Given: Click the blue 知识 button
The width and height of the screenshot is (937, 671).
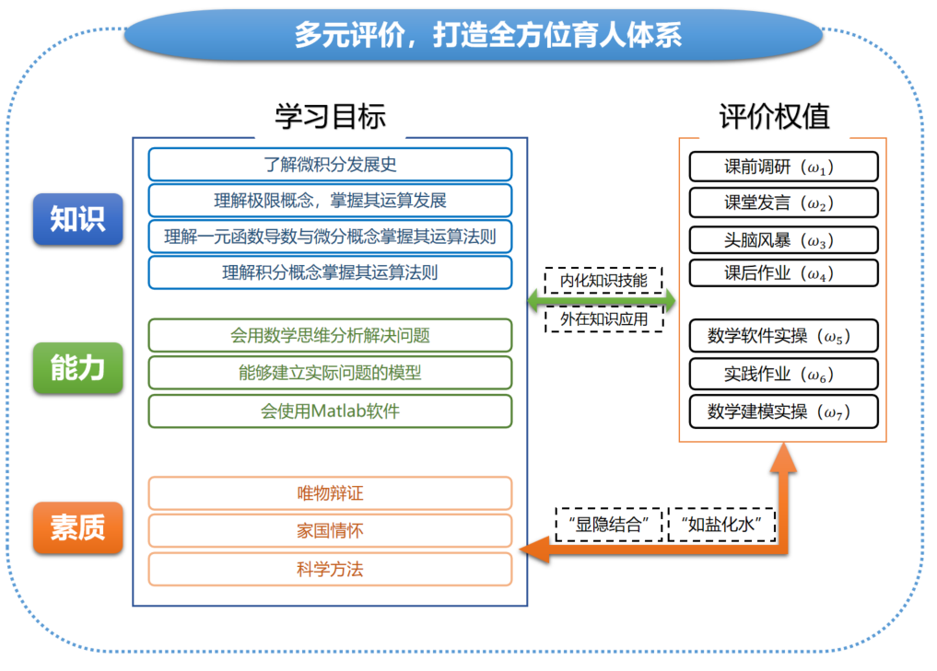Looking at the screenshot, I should pyautogui.click(x=77, y=219).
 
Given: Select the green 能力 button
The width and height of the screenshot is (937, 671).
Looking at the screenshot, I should pyautogui.click(x=77, y=367).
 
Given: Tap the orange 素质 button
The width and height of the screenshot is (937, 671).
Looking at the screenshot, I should pyautogui.click(x=77, y=527).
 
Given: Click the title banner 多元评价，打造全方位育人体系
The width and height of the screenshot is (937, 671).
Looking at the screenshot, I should pyautogui.click(x=473, y=35).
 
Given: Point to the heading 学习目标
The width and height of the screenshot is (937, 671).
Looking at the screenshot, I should pyautogui.click(x=330, y=116).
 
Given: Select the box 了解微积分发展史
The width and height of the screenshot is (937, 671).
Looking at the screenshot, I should pyautogui.click(x=330, y=165).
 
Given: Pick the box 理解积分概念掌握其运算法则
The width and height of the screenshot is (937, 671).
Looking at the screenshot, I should pyautogui.click(x=330, y=272).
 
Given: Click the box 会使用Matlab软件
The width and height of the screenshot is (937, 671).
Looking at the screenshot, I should pyautogui.click(x=330, y=411).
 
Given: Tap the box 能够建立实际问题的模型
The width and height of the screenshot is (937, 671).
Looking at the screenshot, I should pyautogui.click(x=330, y=373).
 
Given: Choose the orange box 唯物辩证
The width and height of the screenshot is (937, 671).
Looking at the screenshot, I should pyautogui.click(x=330, y=493).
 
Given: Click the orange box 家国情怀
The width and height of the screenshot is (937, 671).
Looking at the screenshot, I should pyautogui.click(x=330, y=531).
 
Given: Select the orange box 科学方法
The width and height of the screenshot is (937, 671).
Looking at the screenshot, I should pyautogui.click(x=330, y=569).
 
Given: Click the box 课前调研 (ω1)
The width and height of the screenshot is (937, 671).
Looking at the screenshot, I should pyautogui.click(x=783, y=168).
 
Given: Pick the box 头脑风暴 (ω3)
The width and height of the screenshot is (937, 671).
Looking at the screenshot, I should pyautogui.click(x=783, y=239).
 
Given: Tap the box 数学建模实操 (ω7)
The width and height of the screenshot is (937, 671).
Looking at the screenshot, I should pyautogui.click(x=783, y=411).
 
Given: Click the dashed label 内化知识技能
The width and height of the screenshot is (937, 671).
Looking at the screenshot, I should pyautogui.click(x=603, y=281).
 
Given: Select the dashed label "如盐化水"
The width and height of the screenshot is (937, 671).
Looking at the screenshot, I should pyautogui.click(x=721, y=525).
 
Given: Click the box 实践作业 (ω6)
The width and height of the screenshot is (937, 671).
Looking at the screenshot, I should pyautogui.click(x=783, y=374).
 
